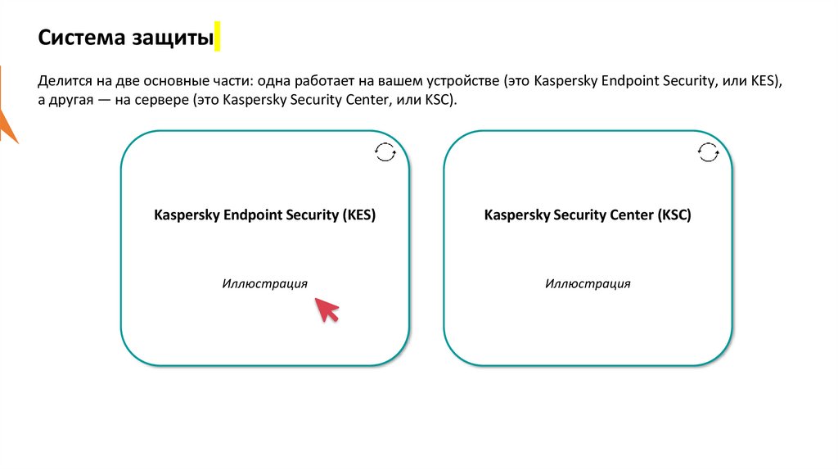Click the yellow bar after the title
218,38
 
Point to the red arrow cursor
327,310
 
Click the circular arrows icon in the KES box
385,151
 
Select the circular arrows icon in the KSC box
709,151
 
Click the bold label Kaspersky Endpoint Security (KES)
265,215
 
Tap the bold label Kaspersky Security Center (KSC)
588,215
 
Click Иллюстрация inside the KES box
264,283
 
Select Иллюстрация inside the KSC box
588,283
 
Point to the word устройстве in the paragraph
464,83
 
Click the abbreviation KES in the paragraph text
767,83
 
